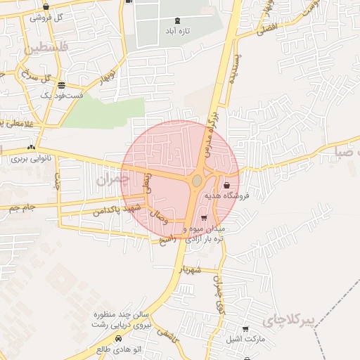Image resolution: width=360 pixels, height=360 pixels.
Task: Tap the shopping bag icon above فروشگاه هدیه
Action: tap(226, 186)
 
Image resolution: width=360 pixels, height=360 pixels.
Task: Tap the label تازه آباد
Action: tap(173, 32)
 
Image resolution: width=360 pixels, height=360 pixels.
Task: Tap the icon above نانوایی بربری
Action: tap(30, 148)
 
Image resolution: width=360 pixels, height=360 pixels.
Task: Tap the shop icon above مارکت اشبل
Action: tap(245, 328)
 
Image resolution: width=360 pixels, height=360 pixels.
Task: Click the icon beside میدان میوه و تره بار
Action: tap(204, 219)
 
